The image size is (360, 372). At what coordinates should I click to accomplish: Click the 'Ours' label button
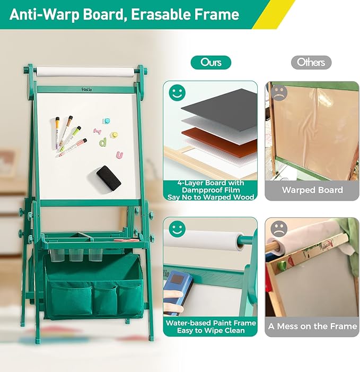[210, 63]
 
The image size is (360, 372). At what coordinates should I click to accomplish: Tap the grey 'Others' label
[311, 63]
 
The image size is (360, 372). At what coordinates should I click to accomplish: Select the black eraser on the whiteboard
[109, 178]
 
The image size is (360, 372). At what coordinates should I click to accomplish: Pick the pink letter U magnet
[120, 155]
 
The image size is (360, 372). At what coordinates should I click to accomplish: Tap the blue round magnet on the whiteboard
[106, 122]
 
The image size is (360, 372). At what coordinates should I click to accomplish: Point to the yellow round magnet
[114, 135]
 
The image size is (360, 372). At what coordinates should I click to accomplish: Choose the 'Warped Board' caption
[312, 190]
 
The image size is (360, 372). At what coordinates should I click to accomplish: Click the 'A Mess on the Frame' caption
[312, 326]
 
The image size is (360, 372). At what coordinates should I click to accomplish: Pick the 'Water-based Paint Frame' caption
[210, 323]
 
